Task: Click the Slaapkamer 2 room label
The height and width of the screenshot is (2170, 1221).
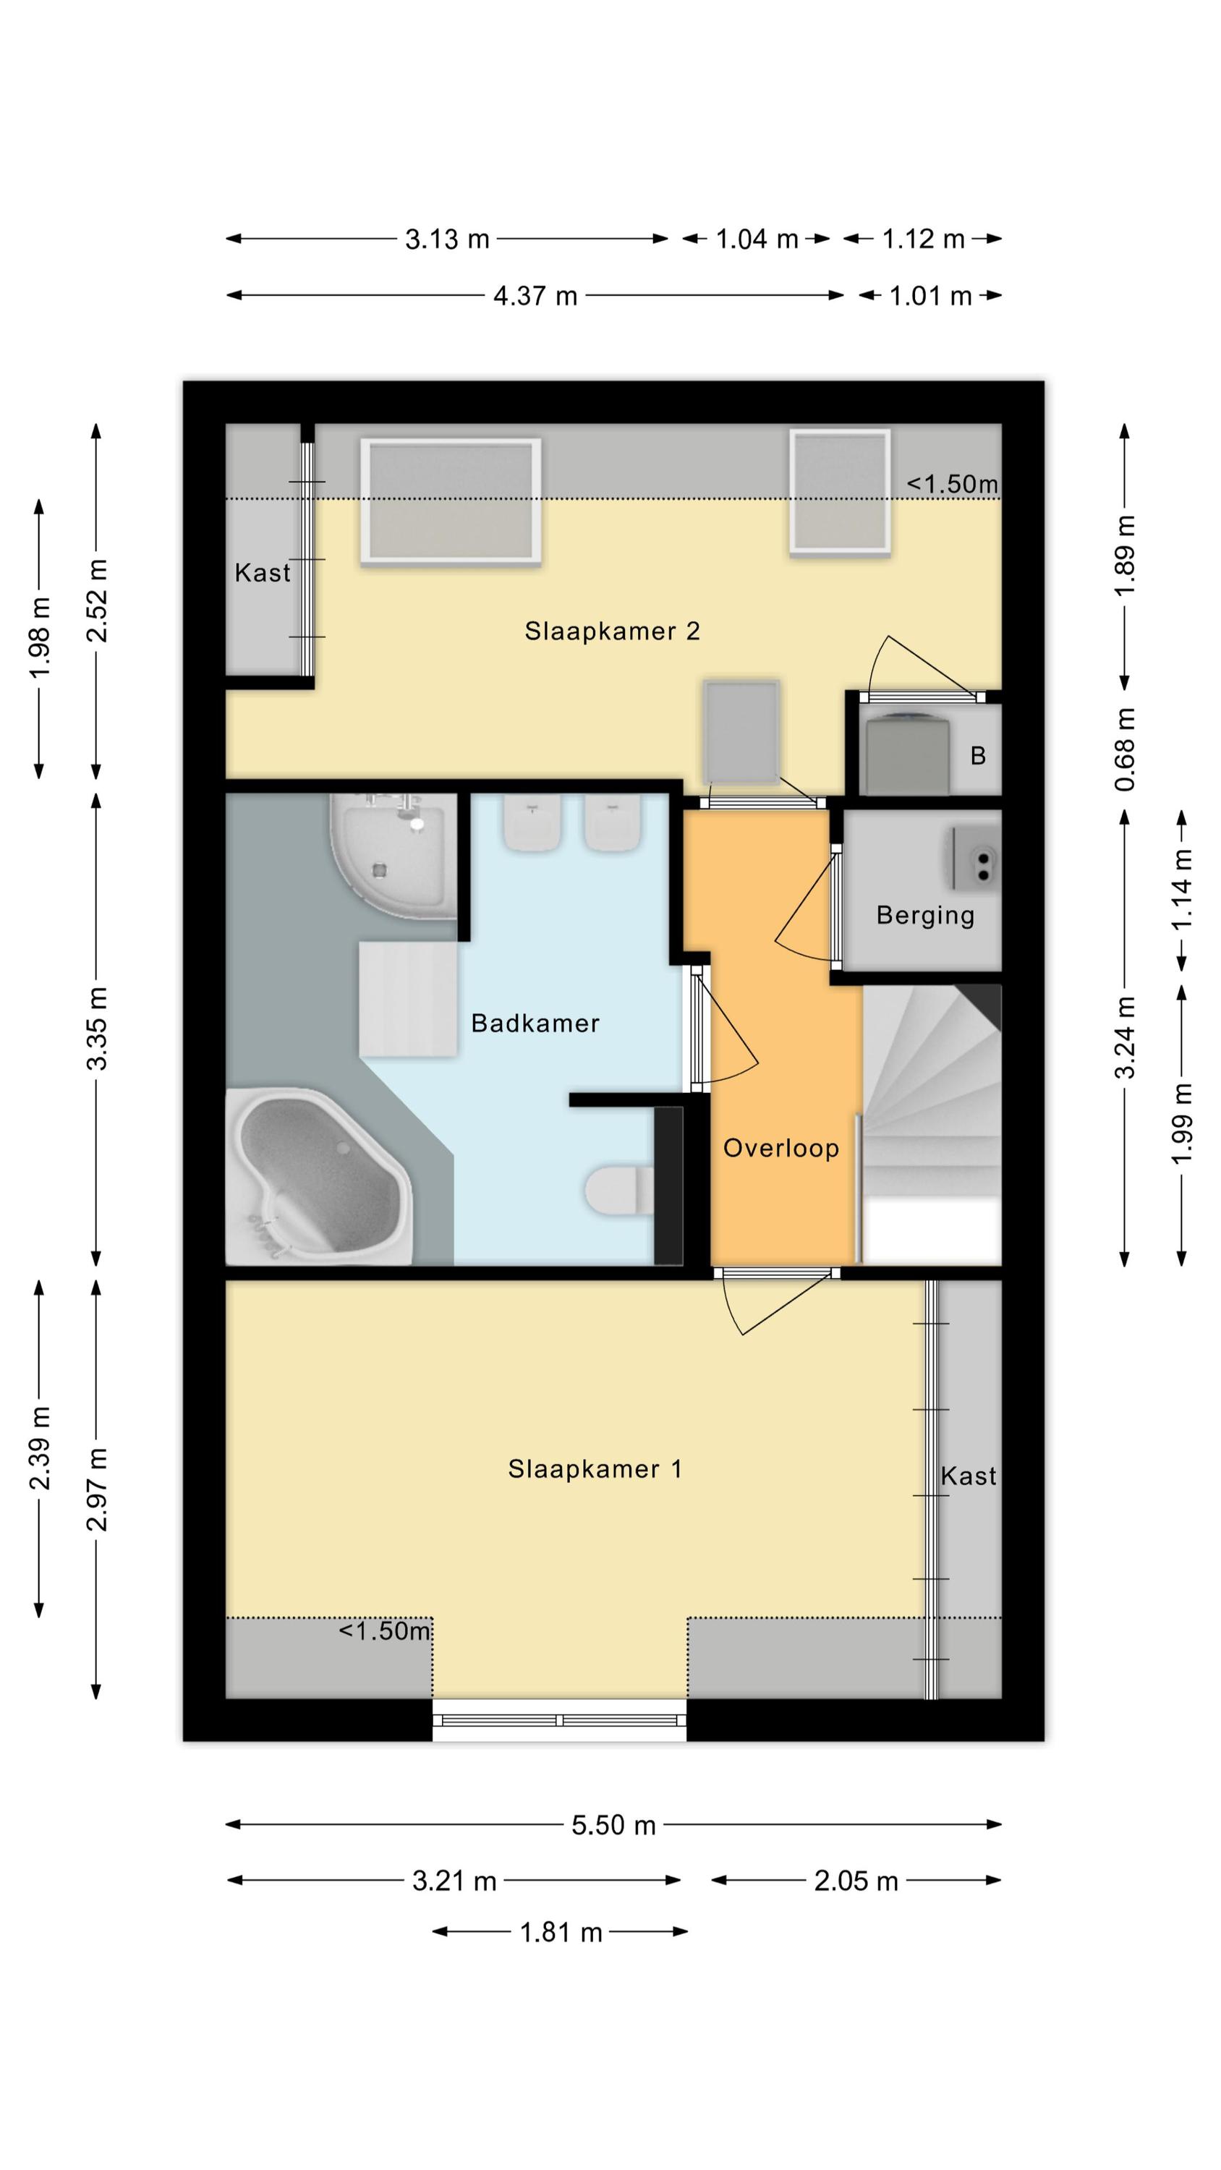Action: tap(612, 631)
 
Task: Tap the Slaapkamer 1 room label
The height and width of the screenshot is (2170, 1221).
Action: tap(594, 1469)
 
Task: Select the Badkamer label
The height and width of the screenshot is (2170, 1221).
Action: tap(535, 1023)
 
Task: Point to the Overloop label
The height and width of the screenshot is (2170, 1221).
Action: tap(781, 1147)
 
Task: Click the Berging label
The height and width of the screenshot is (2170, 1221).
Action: tap(925, 916)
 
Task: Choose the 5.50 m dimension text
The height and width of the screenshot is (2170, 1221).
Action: tap(613, 1825)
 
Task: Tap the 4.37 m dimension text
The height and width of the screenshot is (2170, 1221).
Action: tap(535, 296)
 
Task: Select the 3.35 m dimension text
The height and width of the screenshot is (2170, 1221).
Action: tap(97, 1029)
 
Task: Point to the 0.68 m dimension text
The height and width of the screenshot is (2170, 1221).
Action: tap(1125, 749)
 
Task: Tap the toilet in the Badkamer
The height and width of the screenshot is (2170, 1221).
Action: tap(620, 1191)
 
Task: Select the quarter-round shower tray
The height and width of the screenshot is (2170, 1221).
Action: tap(393, 856)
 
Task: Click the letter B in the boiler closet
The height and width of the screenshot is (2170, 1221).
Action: tap(977, 756)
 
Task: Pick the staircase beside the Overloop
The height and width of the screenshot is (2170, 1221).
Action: tap(930, 1125)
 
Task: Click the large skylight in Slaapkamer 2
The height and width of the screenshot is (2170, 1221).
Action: tap(451, 501)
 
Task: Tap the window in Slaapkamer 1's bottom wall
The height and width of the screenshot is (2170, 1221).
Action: tap(560, 1720)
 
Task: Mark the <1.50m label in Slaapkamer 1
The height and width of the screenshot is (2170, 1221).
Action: tap(384, 1631)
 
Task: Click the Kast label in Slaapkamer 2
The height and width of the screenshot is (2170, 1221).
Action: tap(262, 573)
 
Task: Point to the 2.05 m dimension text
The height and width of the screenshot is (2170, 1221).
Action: tap(856, 1881)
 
